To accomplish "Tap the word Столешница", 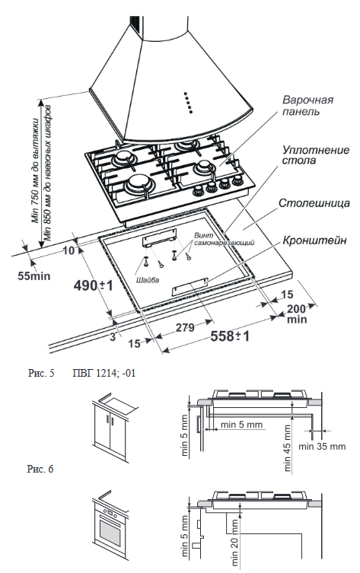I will point(313,204).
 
